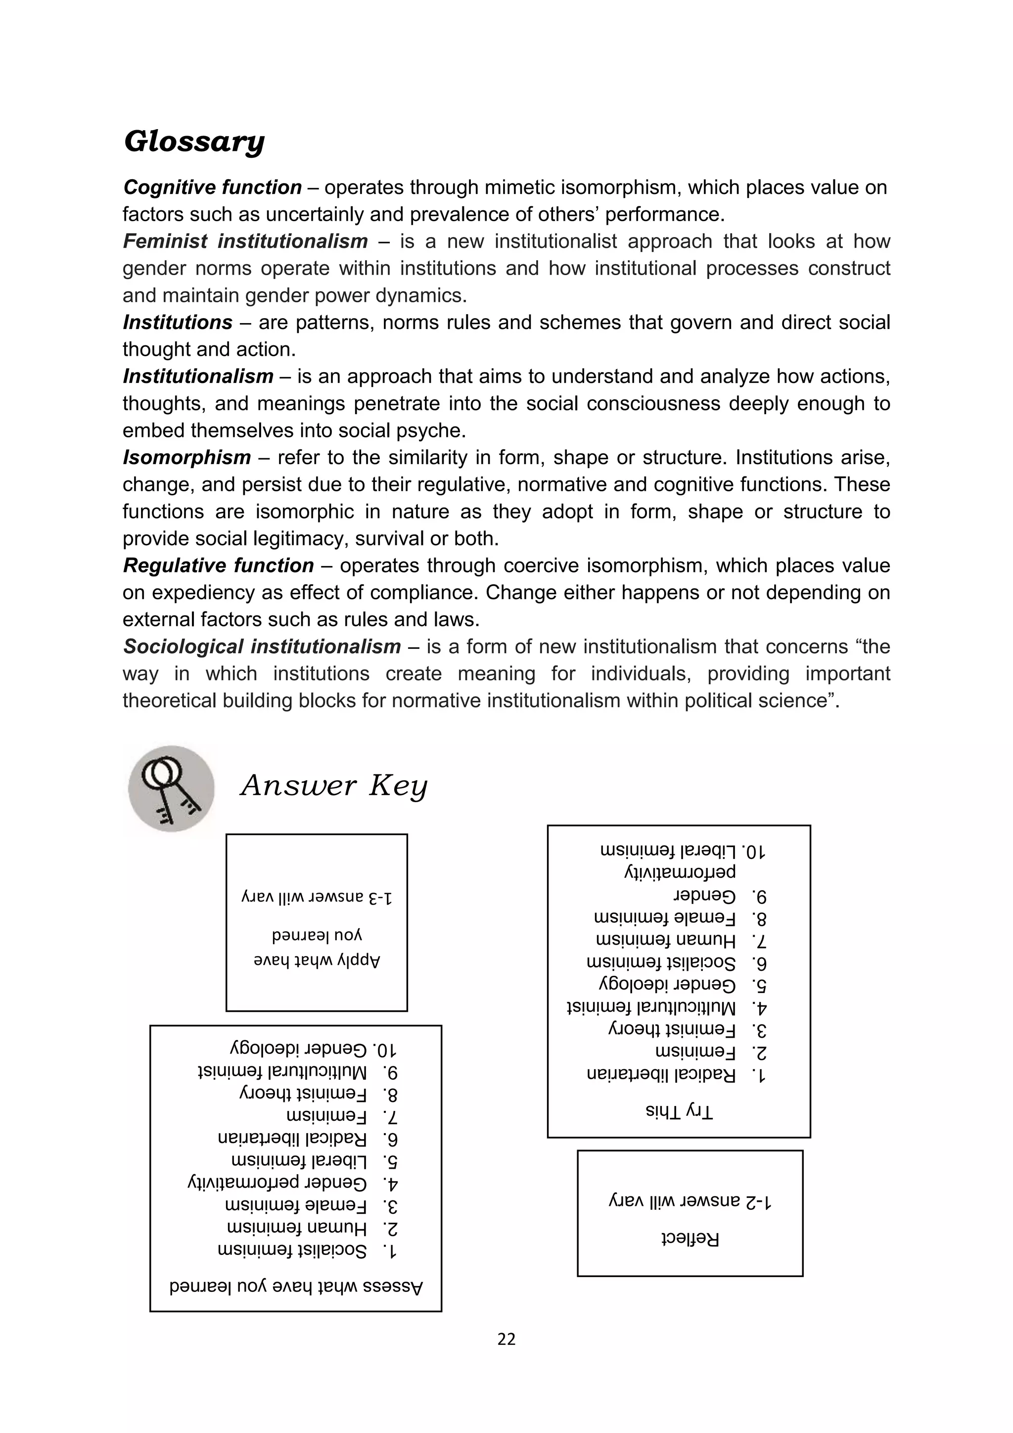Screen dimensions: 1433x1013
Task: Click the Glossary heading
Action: pyautogui.click(x=194, y=142)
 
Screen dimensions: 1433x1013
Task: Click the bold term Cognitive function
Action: pyautogui.click(x=213, y=187)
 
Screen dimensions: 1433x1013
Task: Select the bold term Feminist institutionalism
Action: pyautogui.click(x=245, y=241)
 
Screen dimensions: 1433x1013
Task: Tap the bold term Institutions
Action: pyautogui.click(x=178, y=323)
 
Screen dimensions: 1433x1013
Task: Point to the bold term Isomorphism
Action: pyautogui.click(x=186, y=458)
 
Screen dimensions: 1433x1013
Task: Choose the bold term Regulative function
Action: pyautogui.click(x=218, y=566)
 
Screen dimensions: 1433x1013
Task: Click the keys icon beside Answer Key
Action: pyautogui.click(x=172, y=788)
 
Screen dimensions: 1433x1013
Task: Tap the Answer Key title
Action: pyautogui.click(x=334, y=785)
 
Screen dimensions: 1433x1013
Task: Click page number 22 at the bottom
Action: pyautogui.click(x=506, y=1339)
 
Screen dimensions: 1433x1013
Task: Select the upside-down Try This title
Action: pyautogui.click(x=679, y=1111)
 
